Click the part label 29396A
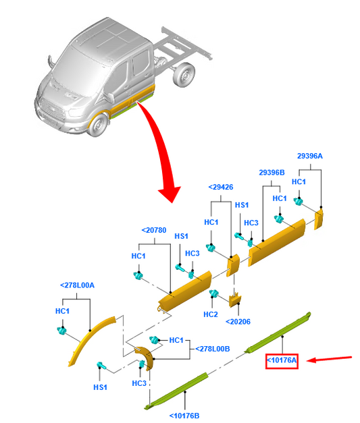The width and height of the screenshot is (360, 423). pos(309,156)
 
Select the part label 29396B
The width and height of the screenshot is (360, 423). pos(272,173)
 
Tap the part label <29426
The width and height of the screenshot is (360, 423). pos(221,187)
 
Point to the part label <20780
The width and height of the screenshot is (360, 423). pos(154,230)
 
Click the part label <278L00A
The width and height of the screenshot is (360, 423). pos(77,285)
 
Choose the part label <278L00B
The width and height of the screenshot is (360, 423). pos(213,349)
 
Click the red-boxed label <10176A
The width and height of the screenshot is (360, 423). pos(282,360)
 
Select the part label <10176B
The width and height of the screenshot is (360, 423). pos(184,416)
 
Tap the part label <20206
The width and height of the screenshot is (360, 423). pos(238,322)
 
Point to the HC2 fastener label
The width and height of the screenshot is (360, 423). pos(210,314)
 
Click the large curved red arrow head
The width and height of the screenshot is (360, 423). pos(170,194)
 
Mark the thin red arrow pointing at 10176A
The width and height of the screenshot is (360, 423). pos(329,359)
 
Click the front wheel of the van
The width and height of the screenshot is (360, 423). pos(98,125)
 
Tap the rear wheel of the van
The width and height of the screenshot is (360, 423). pos(184,75)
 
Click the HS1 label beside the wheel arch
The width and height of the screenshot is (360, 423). pos(100,387)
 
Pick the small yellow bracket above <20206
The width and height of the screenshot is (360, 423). pos(235,300)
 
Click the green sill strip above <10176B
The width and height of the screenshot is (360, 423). pos(177,390)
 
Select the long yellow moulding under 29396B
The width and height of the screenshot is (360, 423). pos(277,242)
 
